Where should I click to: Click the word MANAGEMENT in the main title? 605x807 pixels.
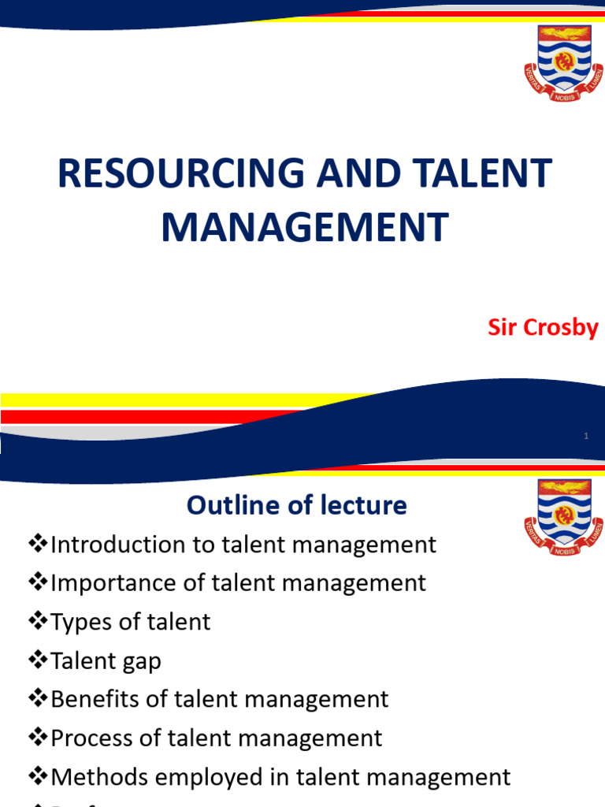[305, 226]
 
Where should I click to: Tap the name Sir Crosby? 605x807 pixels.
[543, 328]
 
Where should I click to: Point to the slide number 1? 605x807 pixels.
[588, 436]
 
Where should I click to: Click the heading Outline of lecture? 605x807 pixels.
[297, 505]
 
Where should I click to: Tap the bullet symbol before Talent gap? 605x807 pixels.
[38, 660]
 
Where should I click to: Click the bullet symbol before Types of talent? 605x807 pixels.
[38, 621]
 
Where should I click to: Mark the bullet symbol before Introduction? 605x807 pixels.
[38, 544]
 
